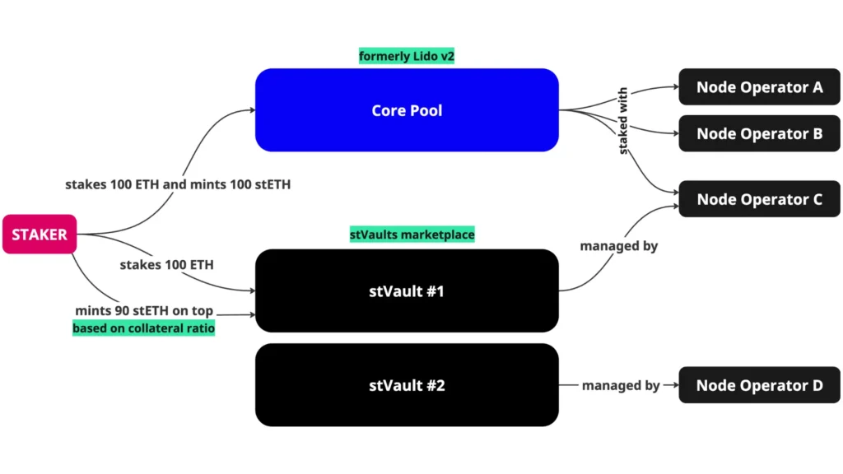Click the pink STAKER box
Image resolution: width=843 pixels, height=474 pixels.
pyautogui.click(x=39, y=235)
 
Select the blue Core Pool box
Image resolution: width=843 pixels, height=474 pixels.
pyautogui.click(x=407, y=109)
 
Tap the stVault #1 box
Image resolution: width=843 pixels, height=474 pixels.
pyautogui.click(x=407, y=290)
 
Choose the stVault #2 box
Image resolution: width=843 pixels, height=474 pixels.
pyautogui.click(x=407, y=384)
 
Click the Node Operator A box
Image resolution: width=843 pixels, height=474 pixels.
pyautogui.click(x=759, y=86)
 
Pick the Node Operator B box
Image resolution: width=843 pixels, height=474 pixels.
pyautogui.click(x=759, y=133)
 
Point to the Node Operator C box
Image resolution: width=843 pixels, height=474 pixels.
pyautogui.click(x=759, y=199)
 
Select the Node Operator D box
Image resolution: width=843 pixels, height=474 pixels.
pyautogui.click(x=759, y=385)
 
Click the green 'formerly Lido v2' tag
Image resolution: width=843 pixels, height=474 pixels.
pyautogui.click(x=407, y=57)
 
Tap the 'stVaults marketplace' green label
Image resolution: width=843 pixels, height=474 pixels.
pyautogui.click(x=412, y=235)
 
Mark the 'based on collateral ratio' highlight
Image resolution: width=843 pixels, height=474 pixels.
pyautogui.click(x=143, y=328)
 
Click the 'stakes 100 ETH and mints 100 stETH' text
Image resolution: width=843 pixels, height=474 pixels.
pyautogui.click(x=178, y=184)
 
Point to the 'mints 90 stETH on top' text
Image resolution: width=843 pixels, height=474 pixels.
pyautogui.click(x=143, y=310)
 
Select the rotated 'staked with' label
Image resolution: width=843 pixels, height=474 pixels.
pyautogui.click(x=623, y=121)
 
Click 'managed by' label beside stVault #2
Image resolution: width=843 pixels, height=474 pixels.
pyautogui.click(x=621, y=385)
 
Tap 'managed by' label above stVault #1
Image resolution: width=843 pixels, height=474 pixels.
pyautogui.click(x=619, y=245)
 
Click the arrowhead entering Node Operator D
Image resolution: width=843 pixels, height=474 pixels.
pyautogui.click(x=673, y=385)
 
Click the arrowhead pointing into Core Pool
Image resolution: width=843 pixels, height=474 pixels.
pyautogui.click(x=250, y=109)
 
